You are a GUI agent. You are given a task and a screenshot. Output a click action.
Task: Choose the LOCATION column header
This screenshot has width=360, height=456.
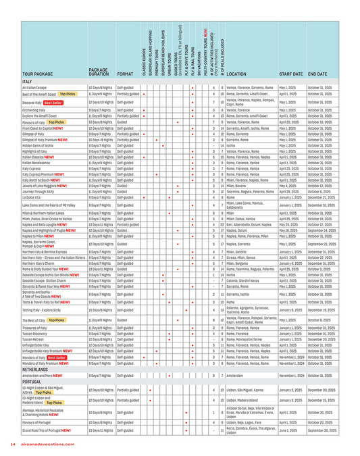point(239,72)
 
